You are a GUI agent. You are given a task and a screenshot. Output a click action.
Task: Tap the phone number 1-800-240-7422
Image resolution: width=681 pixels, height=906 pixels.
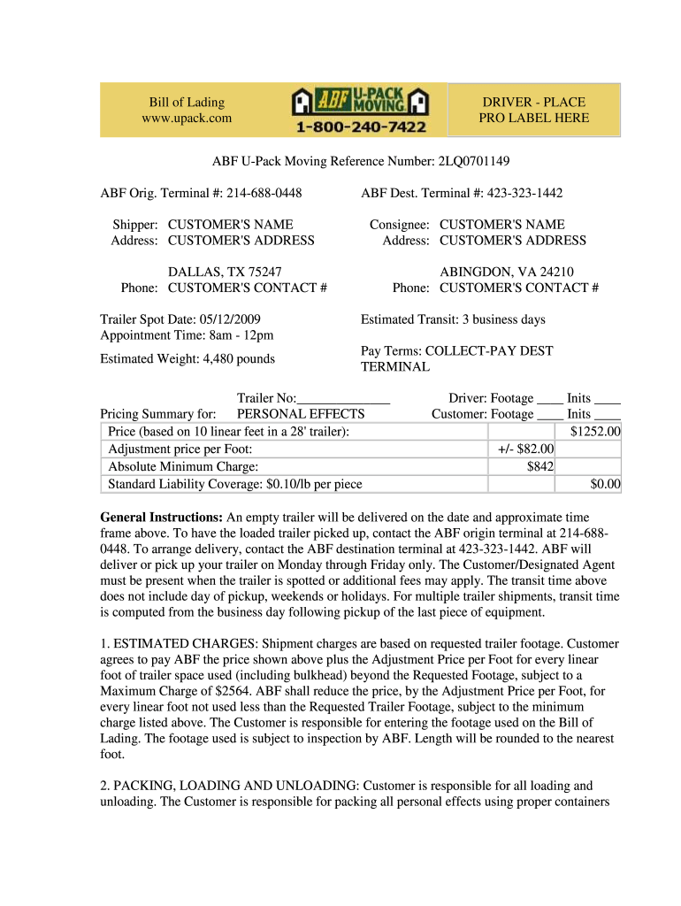coord(360,127)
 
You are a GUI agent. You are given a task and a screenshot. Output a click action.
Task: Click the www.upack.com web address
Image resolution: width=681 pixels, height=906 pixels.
coord(186,118)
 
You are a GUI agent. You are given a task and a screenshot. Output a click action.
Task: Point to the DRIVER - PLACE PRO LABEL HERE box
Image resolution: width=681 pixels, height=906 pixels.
coord(533,110)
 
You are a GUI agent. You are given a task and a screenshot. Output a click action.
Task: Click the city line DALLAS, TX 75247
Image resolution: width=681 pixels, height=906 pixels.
coord(225,272)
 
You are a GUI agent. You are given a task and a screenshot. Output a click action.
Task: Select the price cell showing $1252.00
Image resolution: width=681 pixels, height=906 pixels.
coord(595,431)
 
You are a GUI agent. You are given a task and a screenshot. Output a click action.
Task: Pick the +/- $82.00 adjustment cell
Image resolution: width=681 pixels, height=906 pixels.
coord(525,449)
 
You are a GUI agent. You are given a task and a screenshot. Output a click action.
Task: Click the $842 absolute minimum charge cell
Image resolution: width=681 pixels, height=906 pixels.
coord(539,466)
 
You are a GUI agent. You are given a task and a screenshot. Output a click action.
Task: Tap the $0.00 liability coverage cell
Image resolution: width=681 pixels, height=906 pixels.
coord(605,484)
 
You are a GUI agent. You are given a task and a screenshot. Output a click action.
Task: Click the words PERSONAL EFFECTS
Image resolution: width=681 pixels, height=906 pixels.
coord(301,414)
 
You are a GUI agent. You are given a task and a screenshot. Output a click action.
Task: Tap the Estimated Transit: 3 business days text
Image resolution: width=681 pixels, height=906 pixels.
coord(453,319)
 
